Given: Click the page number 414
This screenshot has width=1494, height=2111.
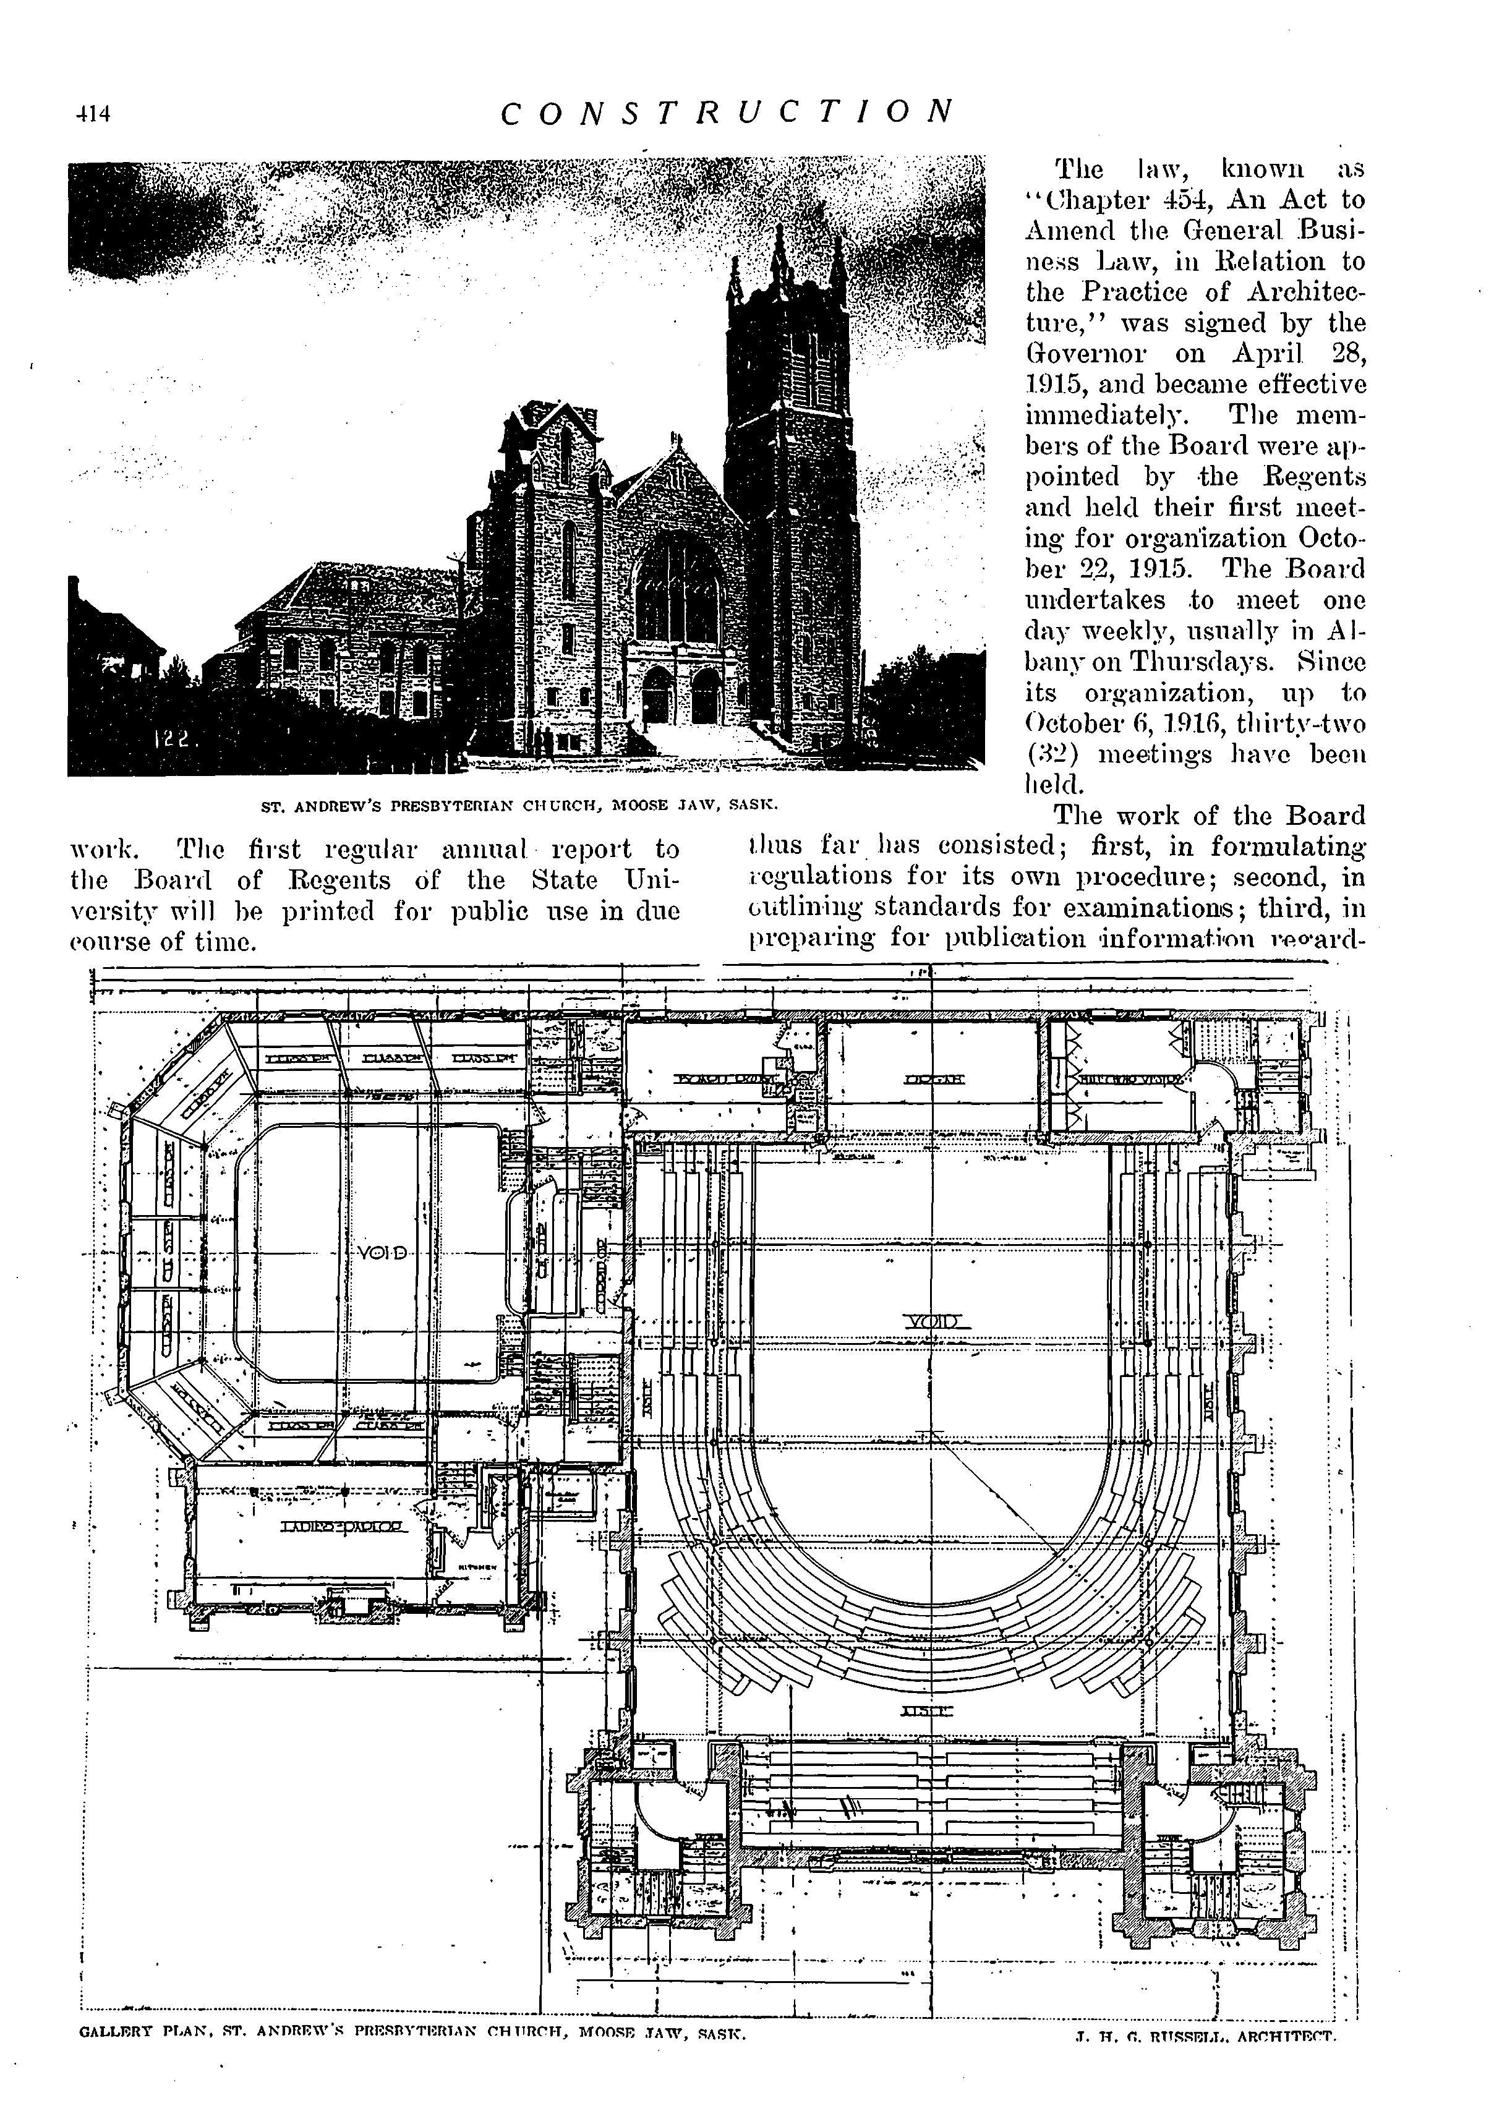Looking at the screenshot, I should [x=93, y=114].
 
